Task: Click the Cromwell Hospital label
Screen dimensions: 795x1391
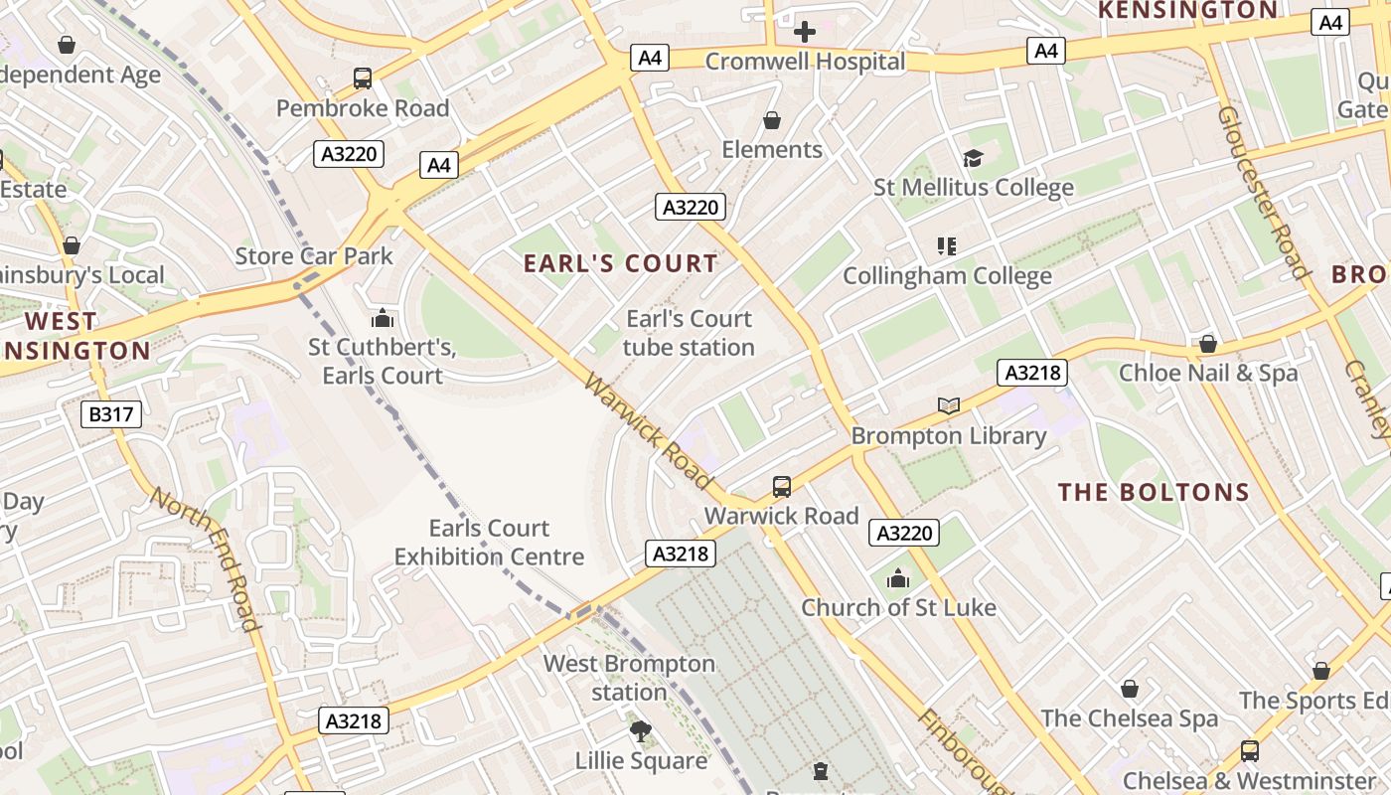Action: [x=805, y=62]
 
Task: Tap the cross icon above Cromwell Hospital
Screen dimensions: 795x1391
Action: [x=805, y=32]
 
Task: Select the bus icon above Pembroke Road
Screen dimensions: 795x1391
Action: [x=363, y=79]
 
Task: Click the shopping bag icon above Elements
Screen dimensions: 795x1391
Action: [x=772, y=120]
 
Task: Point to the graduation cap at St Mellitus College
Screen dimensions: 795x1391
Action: [x=973, y=158]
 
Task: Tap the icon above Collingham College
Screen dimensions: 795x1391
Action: [x=946, y=245]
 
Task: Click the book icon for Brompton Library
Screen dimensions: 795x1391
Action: [x=949, y=405]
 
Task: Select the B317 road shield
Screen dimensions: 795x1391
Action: [x=110, y=414]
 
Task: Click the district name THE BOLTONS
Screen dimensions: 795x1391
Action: [x=1153, y=492]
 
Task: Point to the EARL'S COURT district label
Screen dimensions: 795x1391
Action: [x=620, y=263]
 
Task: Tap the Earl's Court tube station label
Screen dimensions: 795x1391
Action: [x=689, y=333]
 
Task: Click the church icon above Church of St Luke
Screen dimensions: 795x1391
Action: [x=898, y=578]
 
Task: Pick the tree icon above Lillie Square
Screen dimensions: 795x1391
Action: [x=641, y=732]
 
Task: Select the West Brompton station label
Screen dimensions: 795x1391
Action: [x=629, y=677]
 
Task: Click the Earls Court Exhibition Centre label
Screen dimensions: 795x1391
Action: [x=489, y=542]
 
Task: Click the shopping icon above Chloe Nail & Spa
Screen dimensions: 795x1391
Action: [x=1208, y=344]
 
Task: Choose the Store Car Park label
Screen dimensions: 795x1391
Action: [x=314, y=255]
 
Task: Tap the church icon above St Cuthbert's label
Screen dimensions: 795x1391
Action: [x=382, y=319]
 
